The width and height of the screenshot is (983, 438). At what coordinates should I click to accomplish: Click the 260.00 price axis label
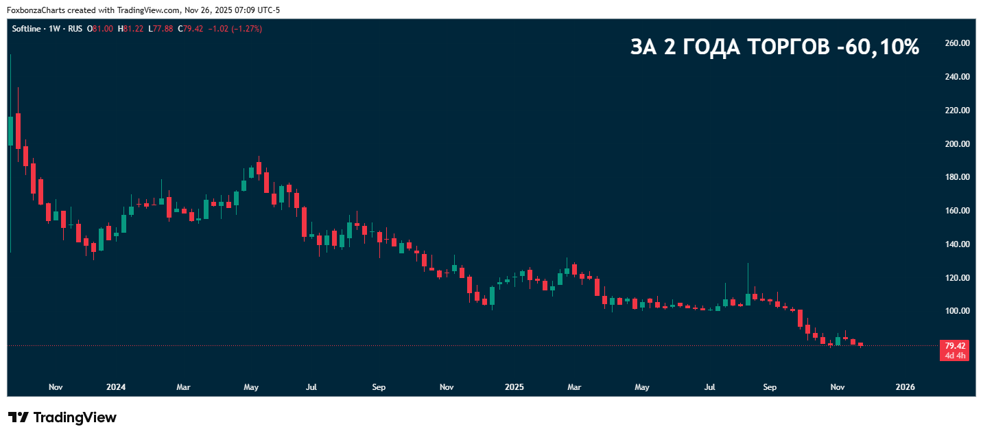point(957,43)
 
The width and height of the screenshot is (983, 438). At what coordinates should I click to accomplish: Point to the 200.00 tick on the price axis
point(957,144)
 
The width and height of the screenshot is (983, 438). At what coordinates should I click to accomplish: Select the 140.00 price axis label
point(957,244)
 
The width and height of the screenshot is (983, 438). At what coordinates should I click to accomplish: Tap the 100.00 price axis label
point(957,311)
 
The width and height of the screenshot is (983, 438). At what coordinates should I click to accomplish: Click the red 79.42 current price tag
point(955,346)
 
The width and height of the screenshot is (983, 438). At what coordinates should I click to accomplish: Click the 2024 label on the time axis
point(116,387)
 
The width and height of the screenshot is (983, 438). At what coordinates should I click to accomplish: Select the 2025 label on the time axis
point(514,387)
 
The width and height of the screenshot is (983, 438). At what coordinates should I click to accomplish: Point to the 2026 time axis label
point(905,387)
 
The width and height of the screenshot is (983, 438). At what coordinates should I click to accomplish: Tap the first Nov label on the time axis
point(56,387)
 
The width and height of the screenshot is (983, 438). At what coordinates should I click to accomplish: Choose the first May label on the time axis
point(251,387)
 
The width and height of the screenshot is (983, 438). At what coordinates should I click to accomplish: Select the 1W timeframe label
point(55,29)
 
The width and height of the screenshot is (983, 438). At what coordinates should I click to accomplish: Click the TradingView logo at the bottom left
point(62,417)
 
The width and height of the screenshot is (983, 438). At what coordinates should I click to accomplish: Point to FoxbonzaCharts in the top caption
point(36,10)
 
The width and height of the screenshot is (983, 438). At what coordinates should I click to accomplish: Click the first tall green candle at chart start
point(10,130)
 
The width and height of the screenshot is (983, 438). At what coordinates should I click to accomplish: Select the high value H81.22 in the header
point(131,29)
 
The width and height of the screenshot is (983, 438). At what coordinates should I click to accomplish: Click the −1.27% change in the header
point(248,29)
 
